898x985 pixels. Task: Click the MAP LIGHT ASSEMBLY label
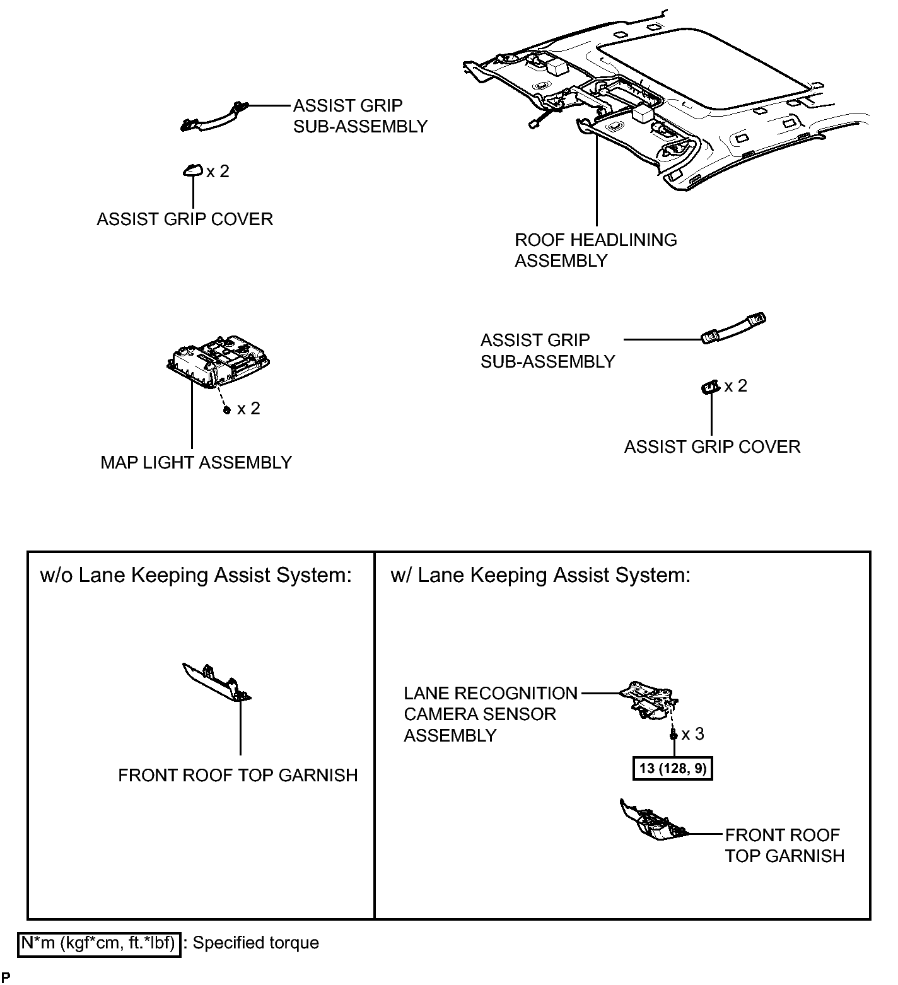(195, 462)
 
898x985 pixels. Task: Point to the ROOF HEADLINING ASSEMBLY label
(595, 250)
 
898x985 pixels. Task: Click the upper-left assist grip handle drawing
(214, 116)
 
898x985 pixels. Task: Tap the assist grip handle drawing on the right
(733, 329)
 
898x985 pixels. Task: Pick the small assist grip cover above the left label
(193, 170)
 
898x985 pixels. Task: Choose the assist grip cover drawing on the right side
(710, 387)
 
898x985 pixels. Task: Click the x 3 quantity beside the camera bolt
(692, 733)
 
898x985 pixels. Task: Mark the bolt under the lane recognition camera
(673, 734)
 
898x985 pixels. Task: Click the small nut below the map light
(227, 410)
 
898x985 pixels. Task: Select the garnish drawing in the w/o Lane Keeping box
(216, 682)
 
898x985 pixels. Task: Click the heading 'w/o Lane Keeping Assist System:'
(195, 575)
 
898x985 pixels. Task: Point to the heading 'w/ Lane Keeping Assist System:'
(540, 575)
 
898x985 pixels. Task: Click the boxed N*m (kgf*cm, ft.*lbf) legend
(99, 943)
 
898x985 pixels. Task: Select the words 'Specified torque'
(255, 943)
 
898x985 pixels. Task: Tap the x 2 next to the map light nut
(248, 409)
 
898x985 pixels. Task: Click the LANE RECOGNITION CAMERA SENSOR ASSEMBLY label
(490, 714)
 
